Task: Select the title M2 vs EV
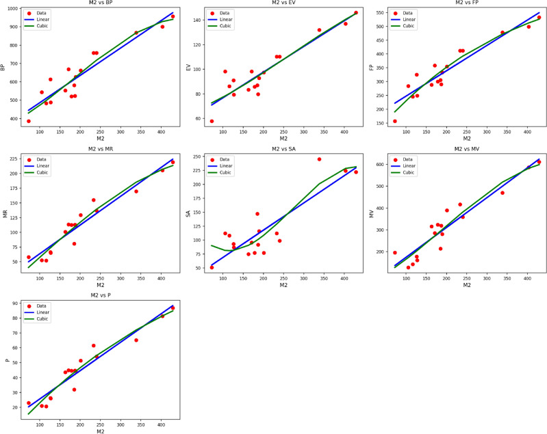283,3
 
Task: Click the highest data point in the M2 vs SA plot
319,159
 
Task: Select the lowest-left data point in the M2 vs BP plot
29,121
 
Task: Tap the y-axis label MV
372,214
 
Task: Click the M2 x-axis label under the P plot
100,431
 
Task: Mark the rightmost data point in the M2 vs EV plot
355,12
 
